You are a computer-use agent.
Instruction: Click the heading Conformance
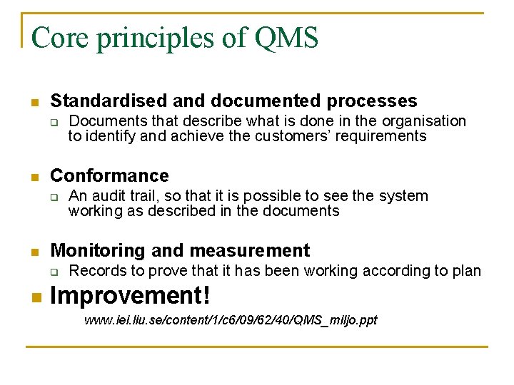click(109, 175)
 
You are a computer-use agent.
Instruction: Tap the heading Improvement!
click(131, 294)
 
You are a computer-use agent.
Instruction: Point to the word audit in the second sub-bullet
click(106, 196)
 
